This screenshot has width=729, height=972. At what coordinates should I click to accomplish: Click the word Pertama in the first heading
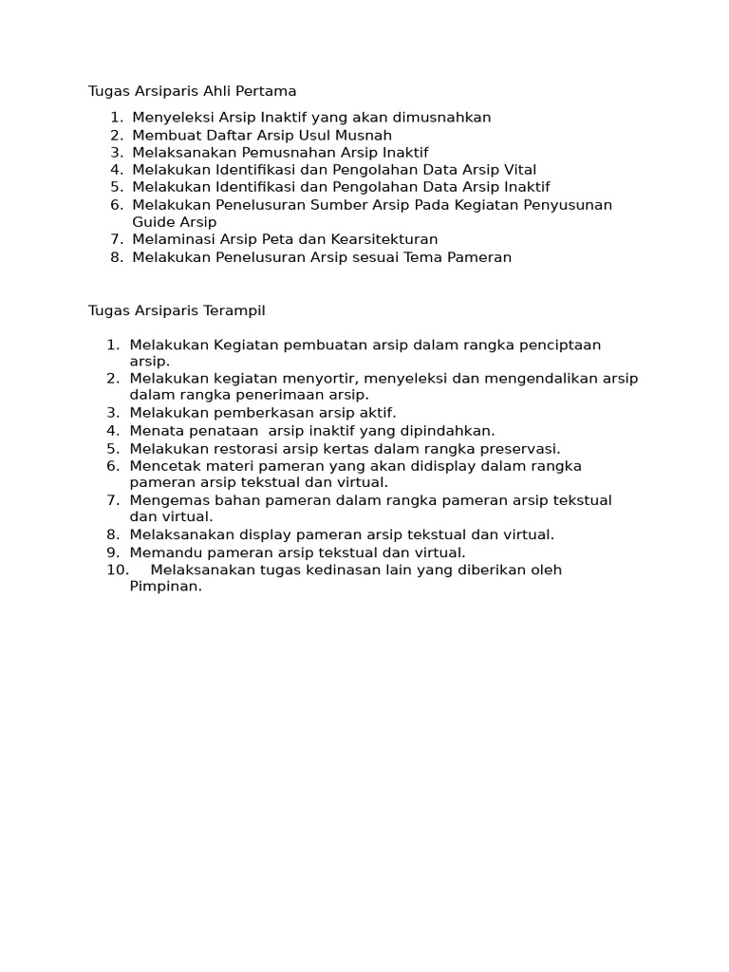coord(270,91)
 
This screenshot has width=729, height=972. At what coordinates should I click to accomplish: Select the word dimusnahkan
coord(442,118)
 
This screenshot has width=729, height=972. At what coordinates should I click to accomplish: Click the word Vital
coord(517,170)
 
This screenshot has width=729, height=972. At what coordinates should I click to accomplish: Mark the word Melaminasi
coord(169,239)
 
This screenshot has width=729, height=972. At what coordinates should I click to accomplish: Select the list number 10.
coord(117,570)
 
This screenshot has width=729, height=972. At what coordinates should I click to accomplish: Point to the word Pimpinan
coord(164,587)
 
